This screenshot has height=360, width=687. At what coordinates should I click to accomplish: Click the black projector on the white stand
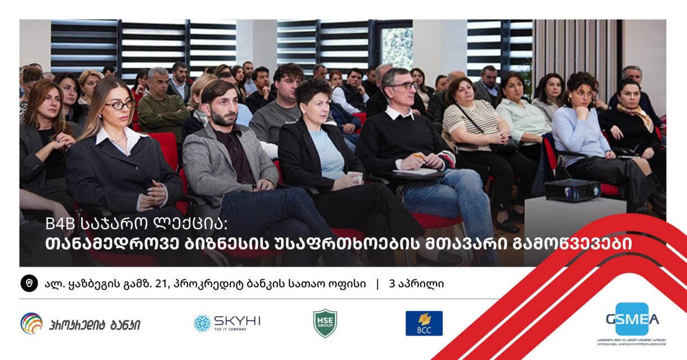(x=572, y=190)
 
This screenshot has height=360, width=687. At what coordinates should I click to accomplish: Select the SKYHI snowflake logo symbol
(x=202, y=323)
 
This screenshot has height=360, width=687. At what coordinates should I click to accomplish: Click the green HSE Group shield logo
(x=325, y=323)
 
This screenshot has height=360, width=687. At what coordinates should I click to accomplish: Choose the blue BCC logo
(x=423, y=323)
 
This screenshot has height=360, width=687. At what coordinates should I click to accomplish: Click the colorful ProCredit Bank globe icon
(x=32, y=323)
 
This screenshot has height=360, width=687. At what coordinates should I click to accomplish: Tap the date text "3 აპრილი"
(x=416, y=284)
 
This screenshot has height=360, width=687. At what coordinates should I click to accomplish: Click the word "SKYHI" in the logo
(x=237, y=321)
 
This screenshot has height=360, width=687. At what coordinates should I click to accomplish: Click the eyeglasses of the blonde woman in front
(x=121, y=105)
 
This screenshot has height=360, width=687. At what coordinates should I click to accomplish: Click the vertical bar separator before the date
(x=378, y=284)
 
